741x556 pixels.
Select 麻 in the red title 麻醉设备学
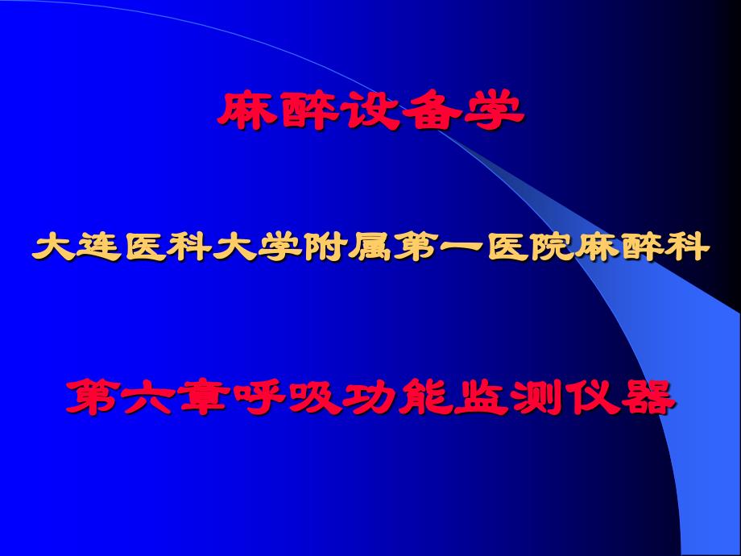[246, 111]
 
